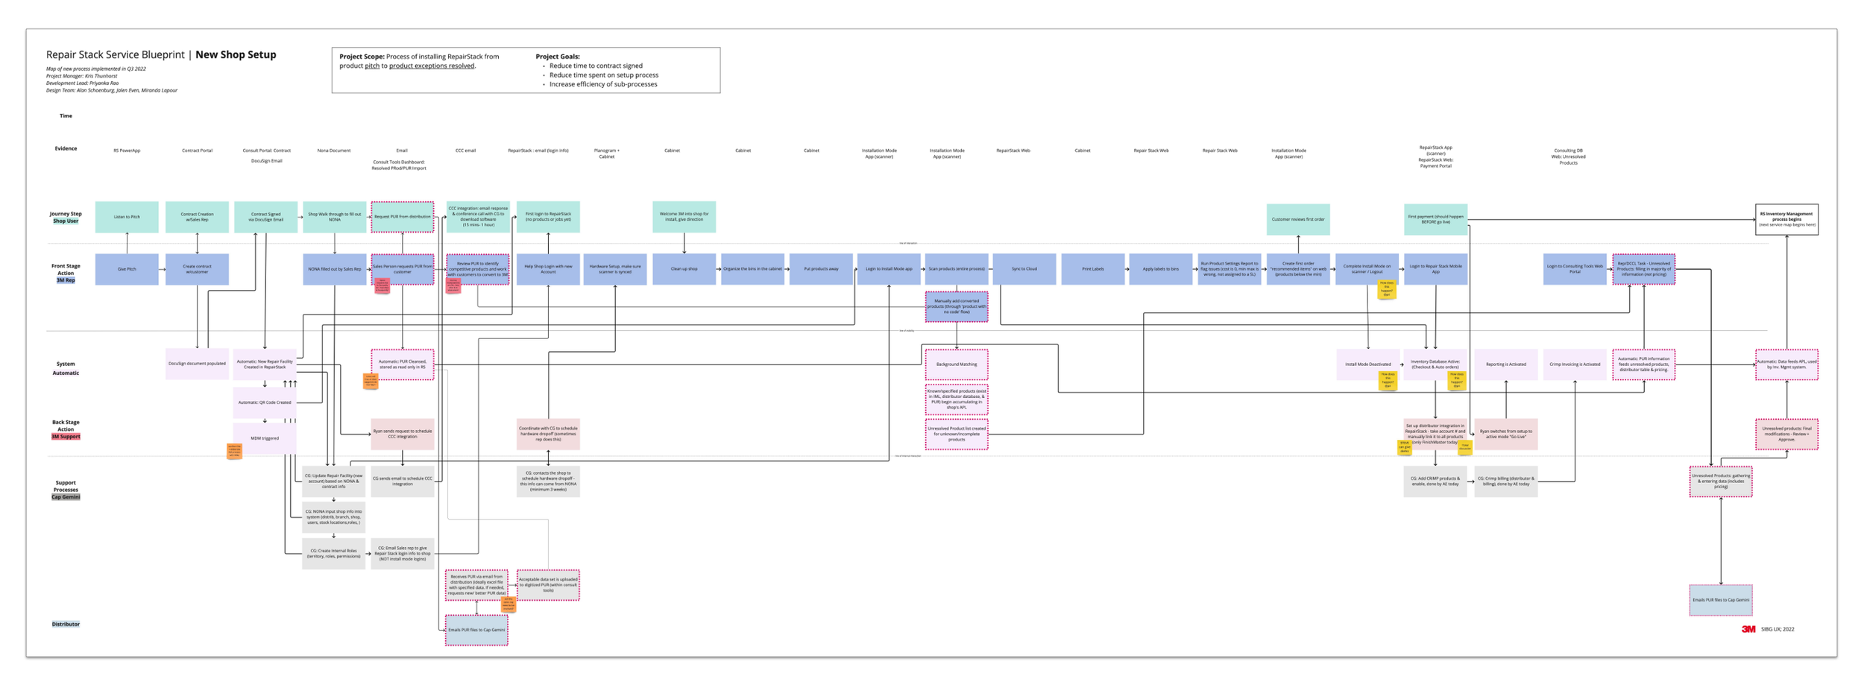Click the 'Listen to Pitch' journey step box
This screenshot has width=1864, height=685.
(x=127, y=217)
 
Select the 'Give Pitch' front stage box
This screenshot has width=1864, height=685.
(x=127, y=269)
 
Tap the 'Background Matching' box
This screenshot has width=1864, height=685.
(x=957, y=364)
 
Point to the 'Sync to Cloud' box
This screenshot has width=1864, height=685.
(x=1024, y=269)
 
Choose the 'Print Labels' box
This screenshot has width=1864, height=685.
(x=1092, y=269)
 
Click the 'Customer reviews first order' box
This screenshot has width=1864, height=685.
(x=1297, y=219)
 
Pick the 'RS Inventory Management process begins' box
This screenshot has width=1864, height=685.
(x=1786, y=219)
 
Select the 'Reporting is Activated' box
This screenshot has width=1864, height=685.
(x=1505, y=364)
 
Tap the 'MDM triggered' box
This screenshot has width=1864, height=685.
(x=265, y=438)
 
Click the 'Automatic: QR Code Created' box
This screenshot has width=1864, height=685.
(x=265, y=403)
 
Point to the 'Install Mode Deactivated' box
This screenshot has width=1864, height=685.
(x=1367, y=364)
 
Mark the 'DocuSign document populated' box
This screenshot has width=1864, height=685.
(x=197, y=364)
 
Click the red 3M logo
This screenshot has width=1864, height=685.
(x=1748, y=629)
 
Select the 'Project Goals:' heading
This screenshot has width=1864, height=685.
(x=558, y=57)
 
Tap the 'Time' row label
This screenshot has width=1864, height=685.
(x=66, y=116)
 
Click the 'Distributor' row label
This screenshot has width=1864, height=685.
(x=66, y=624)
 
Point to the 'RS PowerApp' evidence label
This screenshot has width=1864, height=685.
(x=127, y=151)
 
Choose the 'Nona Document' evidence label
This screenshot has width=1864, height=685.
(x=333, y=151)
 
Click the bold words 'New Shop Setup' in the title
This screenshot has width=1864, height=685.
(x=236, y=54)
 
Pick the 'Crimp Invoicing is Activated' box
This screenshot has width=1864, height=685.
(x=1575, y=364)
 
